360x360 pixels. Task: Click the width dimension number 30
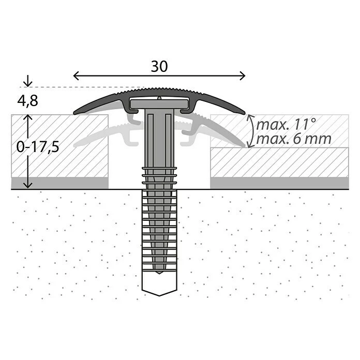(x=159, y=66)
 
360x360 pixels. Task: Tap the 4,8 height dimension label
(x=27, y=100)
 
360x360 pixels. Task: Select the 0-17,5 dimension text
(x=38, y=147)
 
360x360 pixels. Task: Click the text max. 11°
(x=286, y=124)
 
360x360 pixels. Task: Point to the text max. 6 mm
(x=294, y=139)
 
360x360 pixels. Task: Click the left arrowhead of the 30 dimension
(x=76, y=76)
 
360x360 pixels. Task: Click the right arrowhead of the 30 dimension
(x=243, y=76)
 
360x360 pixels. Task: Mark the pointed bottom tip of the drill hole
(x=159, y=296)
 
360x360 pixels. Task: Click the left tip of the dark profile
(x=74, y=113)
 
